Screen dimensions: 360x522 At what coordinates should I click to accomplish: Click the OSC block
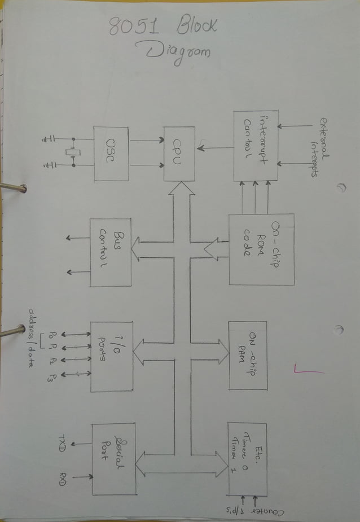tap(111, 154)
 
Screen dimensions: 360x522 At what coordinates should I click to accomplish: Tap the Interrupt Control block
tap(256, 146)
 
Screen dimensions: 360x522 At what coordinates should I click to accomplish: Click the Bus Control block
tap(111, 252)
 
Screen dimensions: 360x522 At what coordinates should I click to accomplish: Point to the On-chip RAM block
tap(248, 356)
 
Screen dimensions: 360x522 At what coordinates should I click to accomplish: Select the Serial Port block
tap(114, 459)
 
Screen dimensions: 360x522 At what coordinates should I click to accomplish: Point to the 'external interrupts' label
tap(319, 147)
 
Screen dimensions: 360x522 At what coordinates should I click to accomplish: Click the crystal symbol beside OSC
tap(72, 152)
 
